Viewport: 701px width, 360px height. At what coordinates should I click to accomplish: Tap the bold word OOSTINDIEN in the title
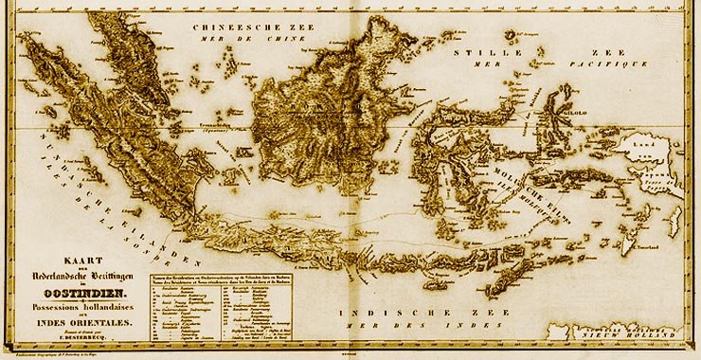coord(78,296)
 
